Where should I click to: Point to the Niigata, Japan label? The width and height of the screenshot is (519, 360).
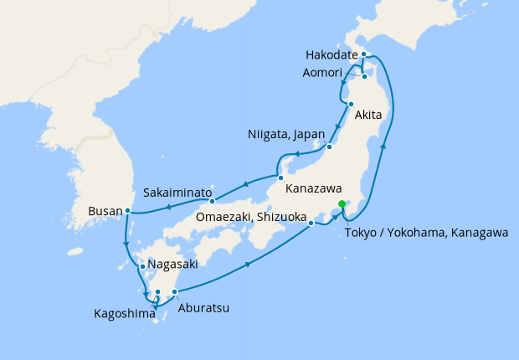(x=285, y=135)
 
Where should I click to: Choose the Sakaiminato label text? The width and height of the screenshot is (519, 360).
(x=175, y=191)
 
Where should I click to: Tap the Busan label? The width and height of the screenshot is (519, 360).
(x=105, y=212)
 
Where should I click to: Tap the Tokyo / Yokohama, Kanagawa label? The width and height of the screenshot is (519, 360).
(x=426, y=233)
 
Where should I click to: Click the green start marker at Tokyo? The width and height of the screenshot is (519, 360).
(x=342, y=204)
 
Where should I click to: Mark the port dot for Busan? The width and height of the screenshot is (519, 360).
(x=127, y=211)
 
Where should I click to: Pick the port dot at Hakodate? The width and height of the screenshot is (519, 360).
(x=364, y=54)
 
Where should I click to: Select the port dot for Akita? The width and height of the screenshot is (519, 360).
(x=351, y=105)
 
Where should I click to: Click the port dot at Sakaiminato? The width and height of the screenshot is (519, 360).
(x=213, y=200)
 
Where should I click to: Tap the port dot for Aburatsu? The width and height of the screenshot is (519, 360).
(x=174, y=291)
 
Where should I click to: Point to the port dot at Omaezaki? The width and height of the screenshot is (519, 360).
(x=311, y=223)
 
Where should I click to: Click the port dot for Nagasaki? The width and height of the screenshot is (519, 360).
(x=142, y=267)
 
